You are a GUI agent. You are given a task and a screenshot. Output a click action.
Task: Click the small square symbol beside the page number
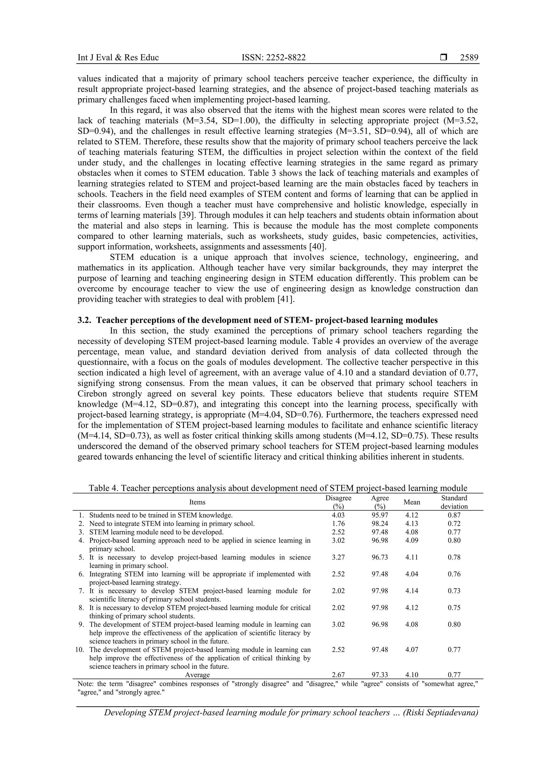pos(444,58)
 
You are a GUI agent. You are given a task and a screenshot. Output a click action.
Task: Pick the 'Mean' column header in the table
pos(411,502)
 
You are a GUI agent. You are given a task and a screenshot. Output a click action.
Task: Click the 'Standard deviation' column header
pos(454,502)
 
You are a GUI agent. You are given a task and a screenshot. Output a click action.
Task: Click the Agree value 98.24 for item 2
pos(380,523)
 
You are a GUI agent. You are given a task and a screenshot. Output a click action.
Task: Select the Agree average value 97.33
pos(380,675)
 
